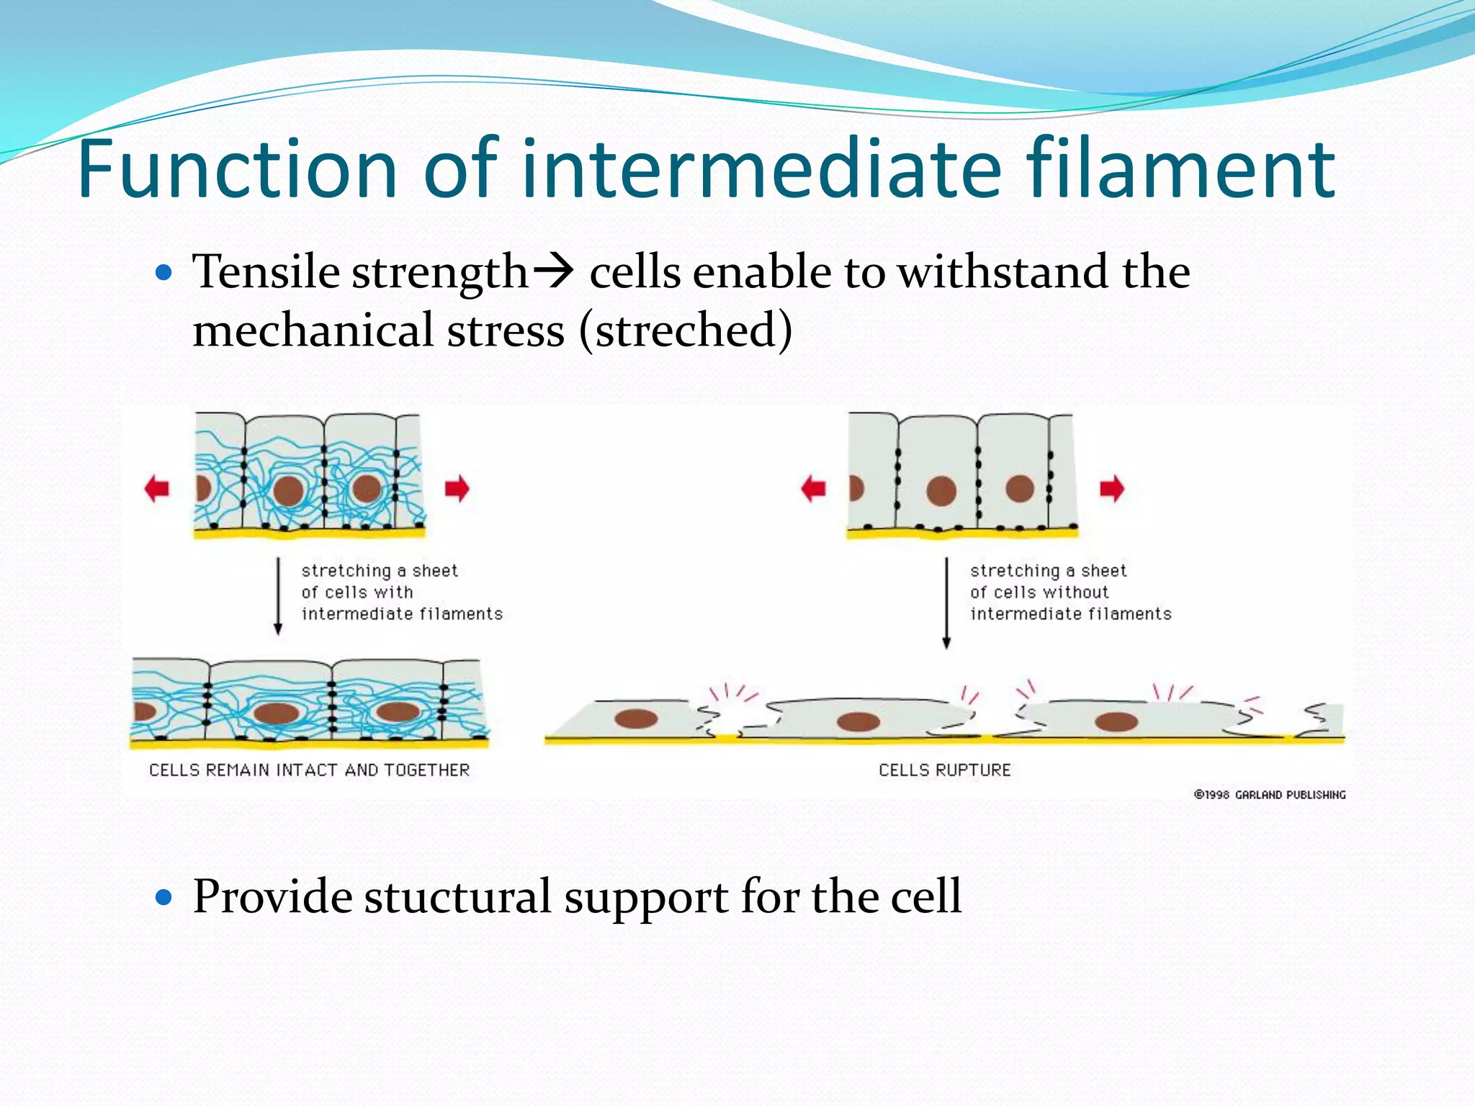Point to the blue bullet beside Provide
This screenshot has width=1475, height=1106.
tap(164, 897)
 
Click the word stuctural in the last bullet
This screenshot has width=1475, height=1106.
tap(458, 897)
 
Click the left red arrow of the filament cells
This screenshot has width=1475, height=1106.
tap(157, 488)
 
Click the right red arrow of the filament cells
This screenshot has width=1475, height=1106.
tap(457, 488)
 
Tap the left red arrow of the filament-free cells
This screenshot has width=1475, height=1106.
tap(813, 488)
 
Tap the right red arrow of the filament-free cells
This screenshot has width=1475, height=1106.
tap(1112, 488)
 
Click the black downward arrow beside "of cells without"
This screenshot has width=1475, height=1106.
tap(946, 602)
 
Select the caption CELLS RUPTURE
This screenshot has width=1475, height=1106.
tap(944, 770)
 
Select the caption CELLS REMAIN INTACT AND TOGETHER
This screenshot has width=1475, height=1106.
tap(309, 770)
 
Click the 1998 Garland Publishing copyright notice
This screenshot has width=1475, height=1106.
tap(1269, 795)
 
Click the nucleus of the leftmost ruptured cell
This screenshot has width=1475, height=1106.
tap(636, 718)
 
